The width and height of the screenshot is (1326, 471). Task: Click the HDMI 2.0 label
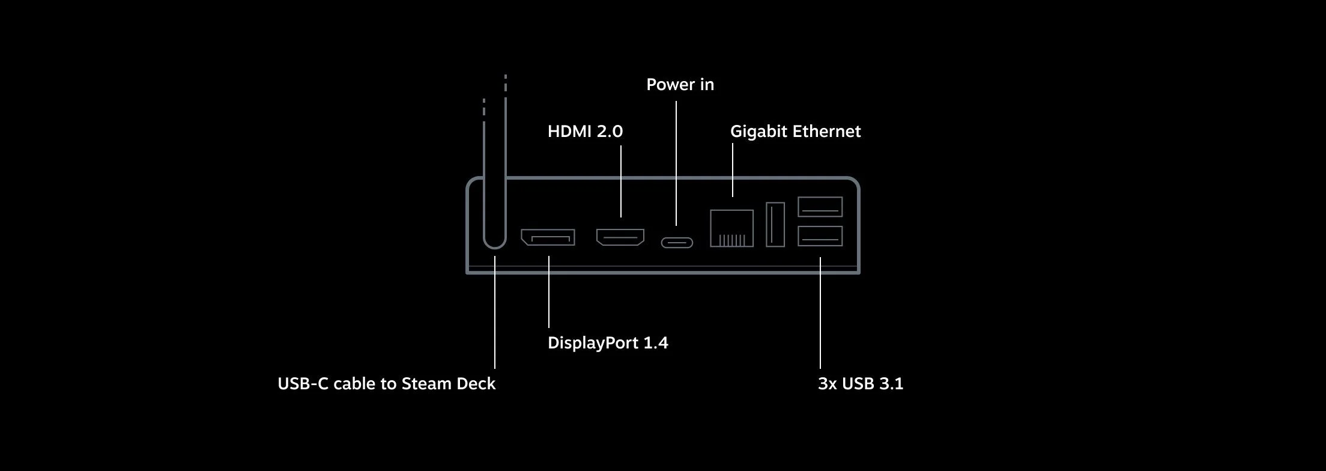pyautogui.click(x=585, y=132)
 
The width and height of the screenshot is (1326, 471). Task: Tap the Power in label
pyautogui.click(x=680, y=85)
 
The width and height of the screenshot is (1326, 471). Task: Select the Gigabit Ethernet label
pyautogui.click(x=795, y=132)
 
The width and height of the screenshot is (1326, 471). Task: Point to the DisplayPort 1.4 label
pyautogui.click(x=608, y=343)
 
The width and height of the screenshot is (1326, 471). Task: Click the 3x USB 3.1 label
pyautogui.click(x=861, y=384)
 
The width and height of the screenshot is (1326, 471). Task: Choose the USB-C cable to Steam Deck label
pyautogui.click(x=386, y=384)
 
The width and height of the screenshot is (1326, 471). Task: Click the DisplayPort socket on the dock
pyautogui.click(x=548, y=237)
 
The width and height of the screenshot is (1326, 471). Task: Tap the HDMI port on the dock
pyautogui.click(x=620, y=237)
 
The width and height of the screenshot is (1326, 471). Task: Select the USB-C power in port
pyautogui.click(x=677, y=243)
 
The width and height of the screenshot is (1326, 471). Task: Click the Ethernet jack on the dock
pyautogui.click(x=731, y=228)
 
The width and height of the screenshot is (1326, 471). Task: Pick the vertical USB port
pyautogui.click(x=775, y=224)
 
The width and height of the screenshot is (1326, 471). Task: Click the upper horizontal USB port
pyautogui.click(x=820, y=207)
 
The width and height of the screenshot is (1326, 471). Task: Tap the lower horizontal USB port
pyautogui.click(x=820, y=236)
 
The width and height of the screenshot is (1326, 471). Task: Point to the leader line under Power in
pyautogui.click(x=676, y=162)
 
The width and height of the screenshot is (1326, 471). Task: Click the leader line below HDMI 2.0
pyautogui.click(x=621, y=180)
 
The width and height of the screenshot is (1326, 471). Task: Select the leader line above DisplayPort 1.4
pyautogui.click(x=548, y=291)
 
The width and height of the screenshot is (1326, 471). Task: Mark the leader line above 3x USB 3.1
pyautogui.click(x=820, y=312)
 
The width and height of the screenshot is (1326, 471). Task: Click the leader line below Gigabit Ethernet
pyautogui.click(x=733, y=169)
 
